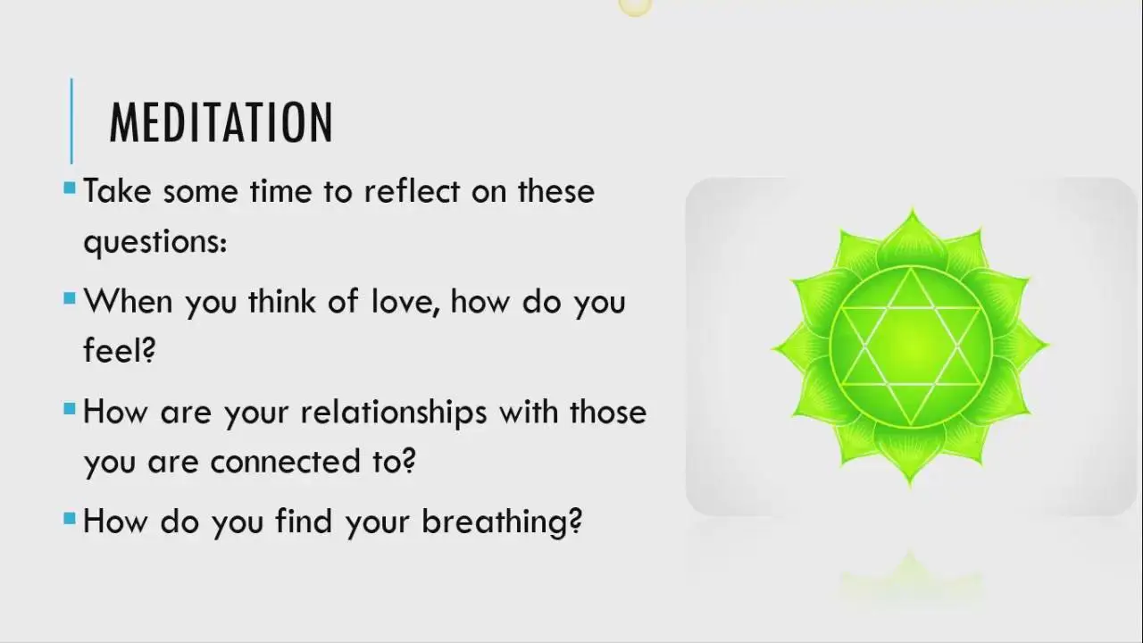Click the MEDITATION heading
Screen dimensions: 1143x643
tap(221, 122)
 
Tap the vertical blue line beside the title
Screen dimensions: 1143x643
tap(71, 121)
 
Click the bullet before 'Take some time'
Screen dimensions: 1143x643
tap(70, 188)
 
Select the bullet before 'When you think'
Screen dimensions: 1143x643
tap(70, 298)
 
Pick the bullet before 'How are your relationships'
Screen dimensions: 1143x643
tap(70, 408)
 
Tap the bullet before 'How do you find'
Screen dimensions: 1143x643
tap(70, 519)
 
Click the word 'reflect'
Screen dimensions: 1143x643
tap(412, 191)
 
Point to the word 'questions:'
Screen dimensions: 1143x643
tap(155, 242)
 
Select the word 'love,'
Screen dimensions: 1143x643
tap(405, 301)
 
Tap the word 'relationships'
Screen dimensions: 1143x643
tap(394, 413)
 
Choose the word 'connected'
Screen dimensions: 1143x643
tap(285, 462)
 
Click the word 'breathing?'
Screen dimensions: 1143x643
tap(502, 522)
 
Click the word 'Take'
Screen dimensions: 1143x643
tap(117, 191)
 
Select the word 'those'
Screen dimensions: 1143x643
tap(608, 412)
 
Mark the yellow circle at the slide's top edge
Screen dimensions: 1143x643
tap(635, 6)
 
